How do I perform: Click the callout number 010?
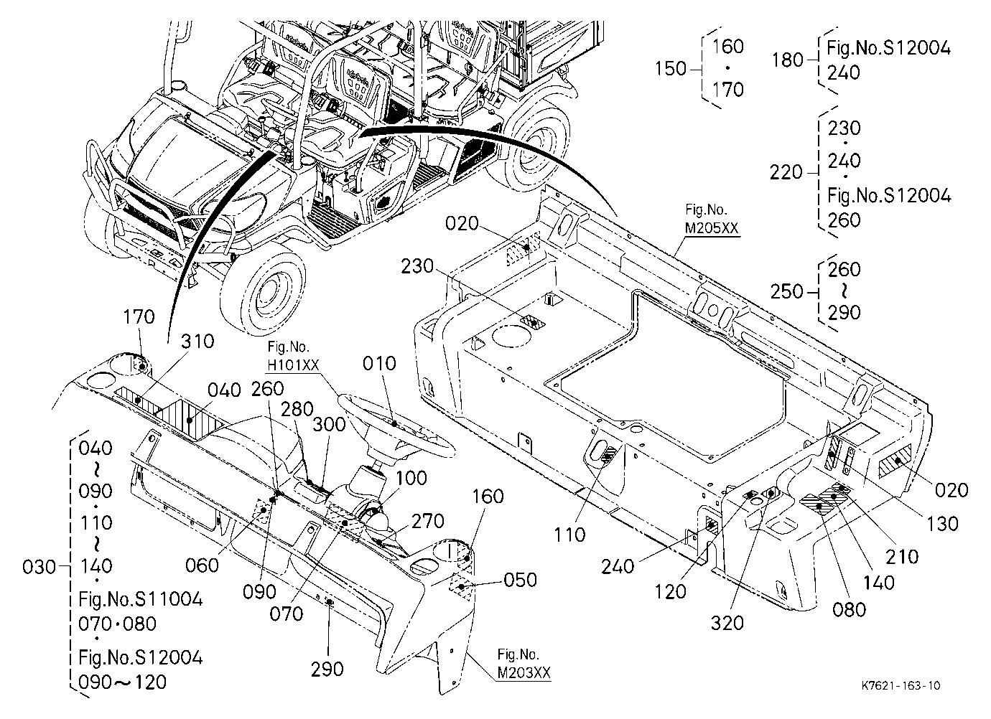(x=379, y=364)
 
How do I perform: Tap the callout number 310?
(x=197, y=342)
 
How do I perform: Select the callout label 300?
(x=329, y=425)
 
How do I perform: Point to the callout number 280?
(x=297, y=409)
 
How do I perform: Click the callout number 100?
(x=411, y=478)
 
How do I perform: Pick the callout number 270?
(x=428, y=522)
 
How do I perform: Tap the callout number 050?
(x=520, y=580)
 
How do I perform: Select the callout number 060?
(x=202, y=565)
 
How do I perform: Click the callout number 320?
(x=727, y=623)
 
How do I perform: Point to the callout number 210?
(x=902, y=557)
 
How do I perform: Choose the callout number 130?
(x=942, y=524)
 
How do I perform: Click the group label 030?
(x=39, y=568)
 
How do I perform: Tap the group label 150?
(x=671, y=69)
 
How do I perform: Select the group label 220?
(x=786, y=172)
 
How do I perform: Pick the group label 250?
(x=786, y=292)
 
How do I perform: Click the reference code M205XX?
(x=712, y=228)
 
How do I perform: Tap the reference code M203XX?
(x=524, y=672)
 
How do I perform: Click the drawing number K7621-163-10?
(x=901, y=686)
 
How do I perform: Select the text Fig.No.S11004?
(x=141, y=599)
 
